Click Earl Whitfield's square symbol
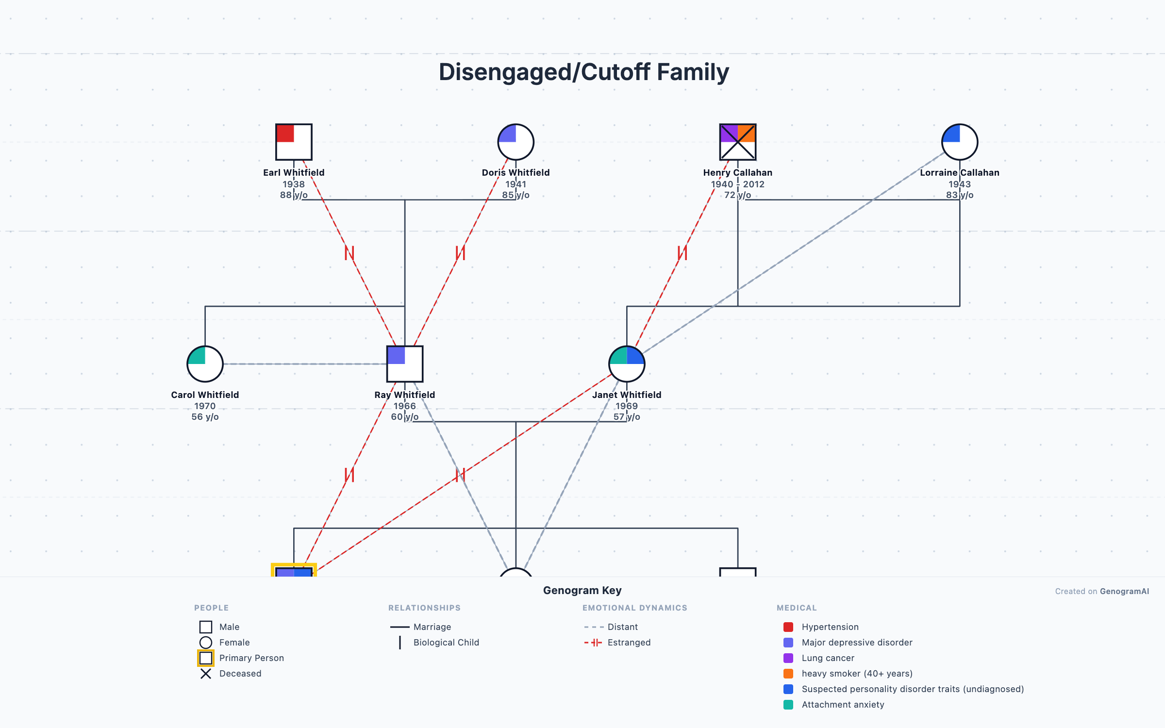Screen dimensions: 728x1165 [294, 142]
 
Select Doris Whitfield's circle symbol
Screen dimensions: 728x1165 [516, 142]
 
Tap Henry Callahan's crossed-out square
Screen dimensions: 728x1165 [737, 142]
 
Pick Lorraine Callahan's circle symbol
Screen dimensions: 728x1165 [959, 142]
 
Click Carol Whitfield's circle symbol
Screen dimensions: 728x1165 [205, 364]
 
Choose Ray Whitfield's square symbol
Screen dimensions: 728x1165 [404, 364]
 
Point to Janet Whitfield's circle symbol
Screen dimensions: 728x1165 [626, 364]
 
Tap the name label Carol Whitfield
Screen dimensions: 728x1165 [205, 395]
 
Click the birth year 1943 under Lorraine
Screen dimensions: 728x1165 [959, 184]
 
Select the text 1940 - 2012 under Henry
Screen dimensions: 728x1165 [737, 184]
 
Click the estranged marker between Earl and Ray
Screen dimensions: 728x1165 [349, 253]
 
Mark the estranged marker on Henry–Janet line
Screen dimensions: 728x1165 [682, 253]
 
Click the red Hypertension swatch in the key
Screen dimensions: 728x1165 [788, 627]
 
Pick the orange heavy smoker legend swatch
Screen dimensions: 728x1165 [788, 674]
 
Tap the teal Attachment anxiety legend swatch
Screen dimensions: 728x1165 [788, 705]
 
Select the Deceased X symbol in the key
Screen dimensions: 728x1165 [206, 674]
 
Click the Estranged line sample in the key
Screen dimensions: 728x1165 [593, 643]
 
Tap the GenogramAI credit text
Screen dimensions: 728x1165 [1124, 591]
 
